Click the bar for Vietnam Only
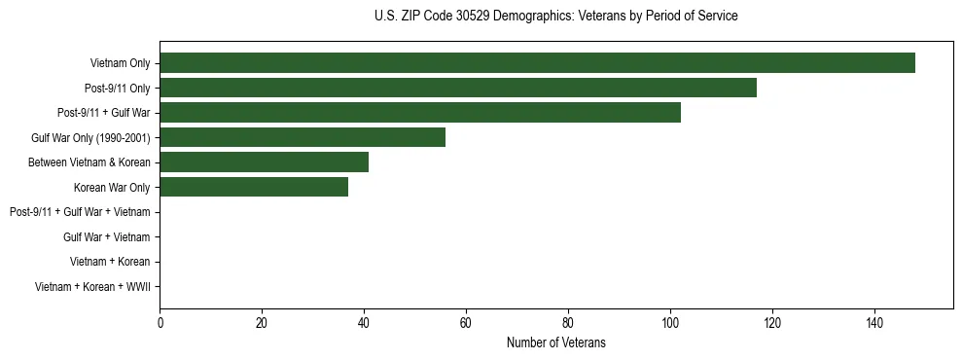[x=537, y=63]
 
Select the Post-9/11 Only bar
[x=457, y=88]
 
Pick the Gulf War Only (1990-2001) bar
[x=303, y=137]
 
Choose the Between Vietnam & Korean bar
[x=264, y=162]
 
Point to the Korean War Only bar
[x=254, y=187]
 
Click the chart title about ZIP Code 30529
[x=555, y=17]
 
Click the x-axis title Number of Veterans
[x=555, y=342]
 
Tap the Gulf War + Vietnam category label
[x=106, y=237]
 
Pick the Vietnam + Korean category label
[x=110, y=262]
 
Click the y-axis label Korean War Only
[x=112, y=188]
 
